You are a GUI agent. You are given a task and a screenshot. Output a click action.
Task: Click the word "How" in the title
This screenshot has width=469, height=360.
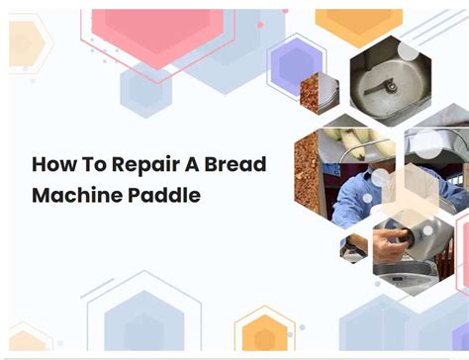tap(51, 164)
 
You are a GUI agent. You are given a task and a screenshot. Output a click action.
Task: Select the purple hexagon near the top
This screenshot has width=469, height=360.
tap(296, 65)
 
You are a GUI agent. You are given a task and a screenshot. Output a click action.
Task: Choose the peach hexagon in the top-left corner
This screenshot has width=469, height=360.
tap(22, 45)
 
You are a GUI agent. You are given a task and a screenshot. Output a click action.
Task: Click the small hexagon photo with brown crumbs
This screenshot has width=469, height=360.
tap(319, 95)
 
